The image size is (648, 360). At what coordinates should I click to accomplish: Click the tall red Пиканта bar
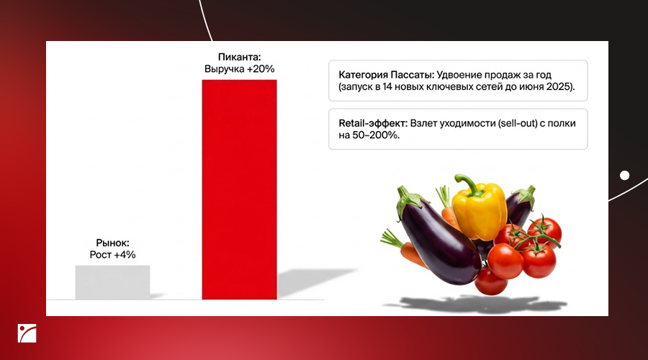pyautogui.click(x=239, y=189)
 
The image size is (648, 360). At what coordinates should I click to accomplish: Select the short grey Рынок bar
pyautogui.click(x=112, y=282)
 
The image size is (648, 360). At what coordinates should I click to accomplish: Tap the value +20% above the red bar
pyautogui.click(x=261, y=69)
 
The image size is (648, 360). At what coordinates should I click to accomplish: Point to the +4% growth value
pyautogui.click(x=125, y=255)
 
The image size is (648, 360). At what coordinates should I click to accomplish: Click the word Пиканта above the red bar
pyautogui.click(x=240, y=57)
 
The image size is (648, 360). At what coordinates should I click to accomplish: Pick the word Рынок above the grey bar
pyautogui.click(x=113, y=243)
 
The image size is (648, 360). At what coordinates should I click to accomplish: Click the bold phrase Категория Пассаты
pyautogui.click(x=386, y=75)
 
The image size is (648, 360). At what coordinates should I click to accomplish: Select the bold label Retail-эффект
pyautogui.click(x=373, y=123)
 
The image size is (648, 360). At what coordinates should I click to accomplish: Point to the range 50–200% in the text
pyautogui.click(x=375, y=135)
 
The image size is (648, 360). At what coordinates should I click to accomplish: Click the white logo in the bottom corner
pyautogui.click(x=27, y=333)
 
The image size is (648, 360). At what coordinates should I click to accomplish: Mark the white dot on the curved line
pyautogui.click(x=624, y=176)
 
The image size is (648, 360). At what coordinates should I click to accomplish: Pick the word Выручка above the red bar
pyautogui.click(x=225, y=69)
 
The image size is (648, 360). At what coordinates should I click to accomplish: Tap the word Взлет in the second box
pyautogui.click(x=423, y=123)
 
